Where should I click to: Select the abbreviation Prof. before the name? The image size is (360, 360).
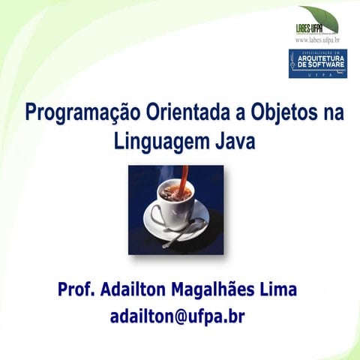(x=78, y=289)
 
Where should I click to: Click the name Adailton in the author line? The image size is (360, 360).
(x=140, y=289)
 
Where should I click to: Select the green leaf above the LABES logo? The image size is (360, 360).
(x=320, y=16)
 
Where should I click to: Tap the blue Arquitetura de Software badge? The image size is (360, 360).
(x=317, y=63)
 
